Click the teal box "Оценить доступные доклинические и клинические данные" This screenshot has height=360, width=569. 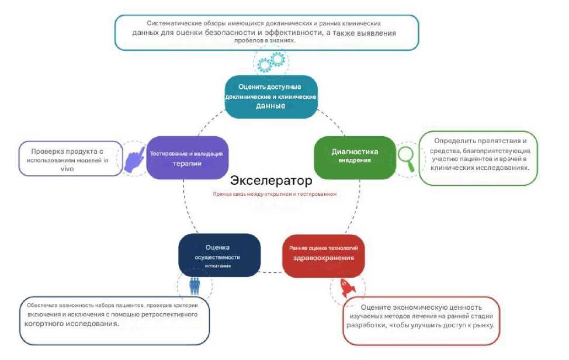click(x=271, y=96)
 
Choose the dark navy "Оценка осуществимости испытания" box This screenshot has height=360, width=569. click(x=218, y=255)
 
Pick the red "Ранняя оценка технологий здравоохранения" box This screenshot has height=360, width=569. click(x=323, y=255)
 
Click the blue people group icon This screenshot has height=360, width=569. click(x=195, y=286)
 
